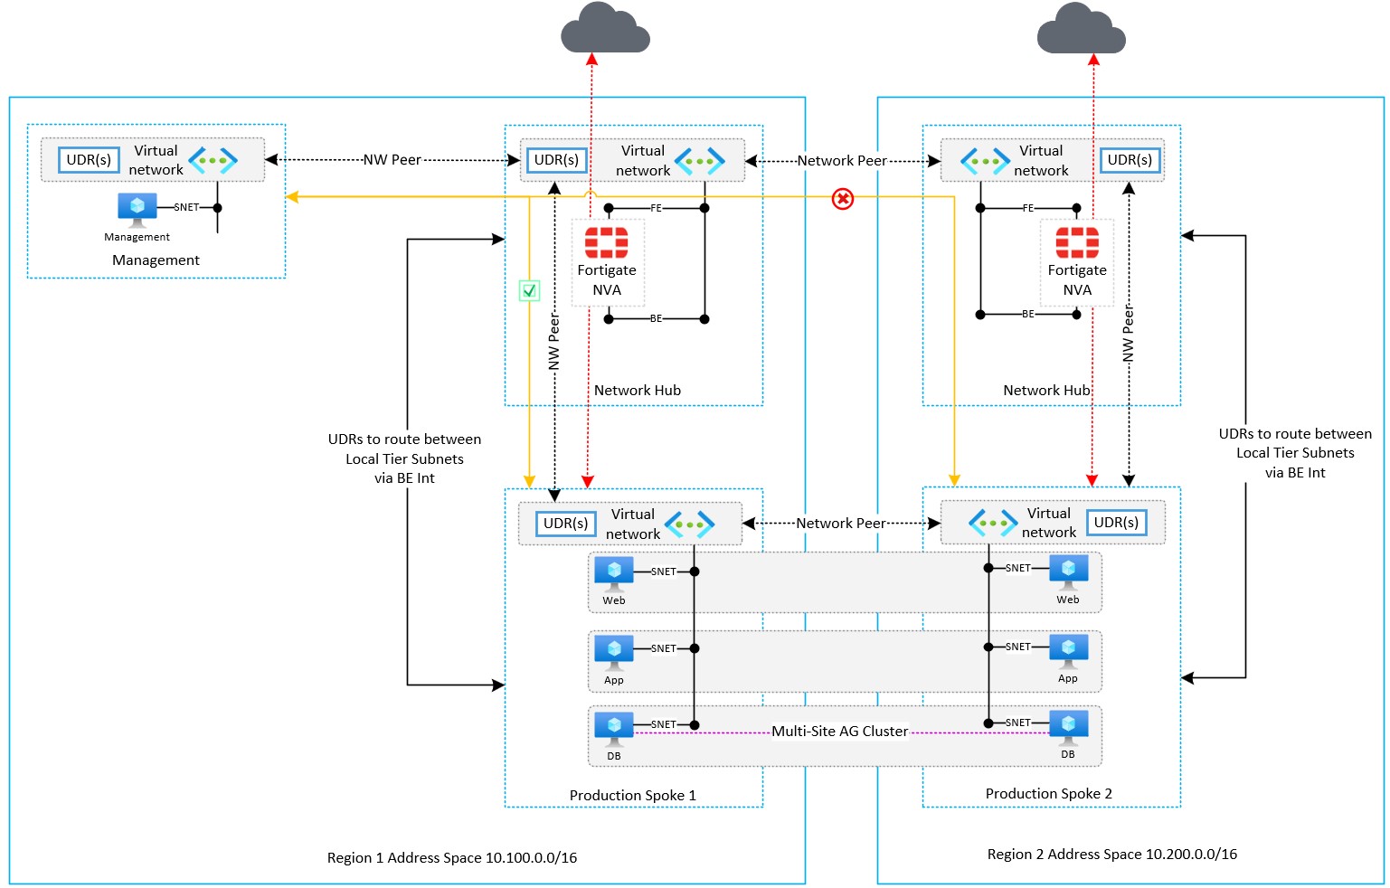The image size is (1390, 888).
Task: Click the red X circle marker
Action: coord(842,198)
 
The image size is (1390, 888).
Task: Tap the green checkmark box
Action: coord(529,290)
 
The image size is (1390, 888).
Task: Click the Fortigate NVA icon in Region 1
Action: coord(606,242)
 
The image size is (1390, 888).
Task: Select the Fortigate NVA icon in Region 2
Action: coord(1076,242)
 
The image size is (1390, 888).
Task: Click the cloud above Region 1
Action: coord(605,29)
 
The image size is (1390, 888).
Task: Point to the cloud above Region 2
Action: coord(1081,29)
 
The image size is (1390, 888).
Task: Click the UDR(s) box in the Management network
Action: coord(89,160)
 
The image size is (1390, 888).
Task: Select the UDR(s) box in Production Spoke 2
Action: coord(1116,523)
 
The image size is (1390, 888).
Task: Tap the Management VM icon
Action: coord(137,210)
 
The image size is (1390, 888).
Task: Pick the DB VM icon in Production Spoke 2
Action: coord(1068,728)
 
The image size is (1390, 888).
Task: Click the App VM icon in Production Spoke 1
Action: coord(614,653)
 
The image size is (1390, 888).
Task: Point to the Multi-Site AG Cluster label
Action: coord(839,732)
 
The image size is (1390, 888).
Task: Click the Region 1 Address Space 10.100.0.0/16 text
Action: coord(451,858)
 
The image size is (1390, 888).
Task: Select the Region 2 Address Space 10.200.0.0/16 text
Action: coord(1111,855)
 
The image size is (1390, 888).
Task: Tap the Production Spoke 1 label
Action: coord(632,796)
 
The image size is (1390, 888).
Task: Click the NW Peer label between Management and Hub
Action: coord(392,160)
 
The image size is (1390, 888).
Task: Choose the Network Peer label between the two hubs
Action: coord(841,161)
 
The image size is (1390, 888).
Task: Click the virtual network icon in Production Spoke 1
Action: coord(689,524)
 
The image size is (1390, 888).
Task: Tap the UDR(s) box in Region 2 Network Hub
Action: coord(1130,160)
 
